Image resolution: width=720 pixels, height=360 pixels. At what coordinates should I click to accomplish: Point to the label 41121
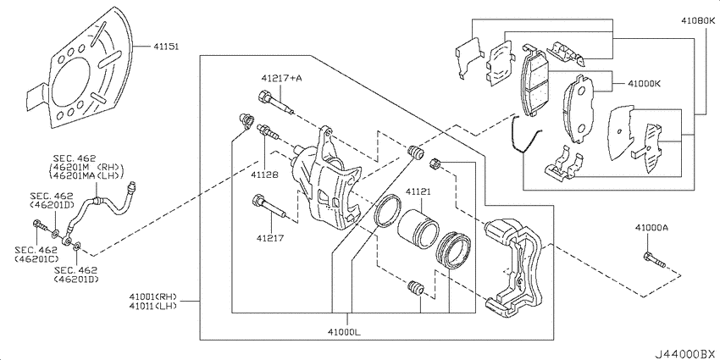(x=418, y=192)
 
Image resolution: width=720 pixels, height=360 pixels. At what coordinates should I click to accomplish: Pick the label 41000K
(x=645, y=84)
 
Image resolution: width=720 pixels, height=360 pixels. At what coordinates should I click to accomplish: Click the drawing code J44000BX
(x=682, y=350)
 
